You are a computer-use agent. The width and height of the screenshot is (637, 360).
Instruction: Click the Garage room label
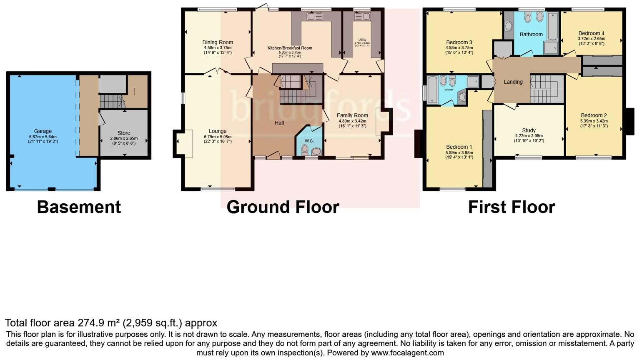43,131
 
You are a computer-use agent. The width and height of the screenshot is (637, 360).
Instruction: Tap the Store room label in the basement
124,133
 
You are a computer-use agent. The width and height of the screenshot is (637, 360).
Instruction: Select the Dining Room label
218,42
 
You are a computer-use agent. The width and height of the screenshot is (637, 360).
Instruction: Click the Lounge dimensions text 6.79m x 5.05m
218,137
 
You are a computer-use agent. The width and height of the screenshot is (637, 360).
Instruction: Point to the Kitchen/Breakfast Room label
290,48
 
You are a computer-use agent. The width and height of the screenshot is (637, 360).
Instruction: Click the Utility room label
362,40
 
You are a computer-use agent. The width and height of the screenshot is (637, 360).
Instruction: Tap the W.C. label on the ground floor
309,141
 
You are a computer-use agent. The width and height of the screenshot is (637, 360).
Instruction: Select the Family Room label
352,115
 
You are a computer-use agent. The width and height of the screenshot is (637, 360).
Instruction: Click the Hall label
279,123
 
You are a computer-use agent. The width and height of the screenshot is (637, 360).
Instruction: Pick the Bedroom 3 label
459,42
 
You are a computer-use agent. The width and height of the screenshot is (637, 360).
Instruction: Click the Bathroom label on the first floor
531,35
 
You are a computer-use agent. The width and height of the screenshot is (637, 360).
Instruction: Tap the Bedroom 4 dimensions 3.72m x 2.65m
591,39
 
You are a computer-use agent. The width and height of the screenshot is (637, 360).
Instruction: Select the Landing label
513,82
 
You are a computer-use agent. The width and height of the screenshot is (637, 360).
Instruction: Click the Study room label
529,130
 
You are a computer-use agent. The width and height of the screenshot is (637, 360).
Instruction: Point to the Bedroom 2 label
594,115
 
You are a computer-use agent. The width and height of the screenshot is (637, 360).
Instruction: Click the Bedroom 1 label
459,147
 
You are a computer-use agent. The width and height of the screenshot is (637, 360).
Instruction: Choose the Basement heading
79,207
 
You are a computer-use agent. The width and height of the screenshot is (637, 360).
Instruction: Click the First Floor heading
512,207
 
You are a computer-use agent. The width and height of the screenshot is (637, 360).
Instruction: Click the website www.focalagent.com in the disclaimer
407,353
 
